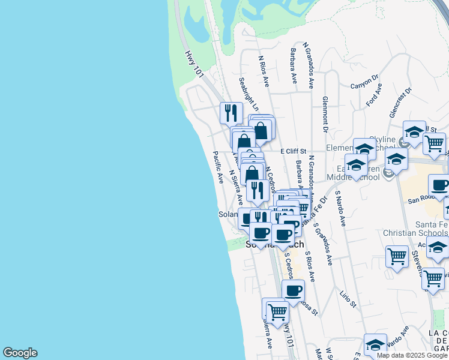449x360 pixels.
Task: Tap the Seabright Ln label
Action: tap(248, 94)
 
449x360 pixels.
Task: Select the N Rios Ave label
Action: tap(264, 71)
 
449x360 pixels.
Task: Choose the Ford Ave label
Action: tap(374, 95)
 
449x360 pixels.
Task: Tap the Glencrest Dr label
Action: tap(400, 102)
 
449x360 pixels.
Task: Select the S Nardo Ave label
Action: tap(340, 208)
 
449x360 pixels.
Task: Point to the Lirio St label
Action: tap(348, 296)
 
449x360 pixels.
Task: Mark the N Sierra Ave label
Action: tap(235, 188)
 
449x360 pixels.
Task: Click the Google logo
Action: tap(20, 353)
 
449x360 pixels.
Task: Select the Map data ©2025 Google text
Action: tap(411, 355)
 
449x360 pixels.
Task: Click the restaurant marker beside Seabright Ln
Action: tap(231, 112)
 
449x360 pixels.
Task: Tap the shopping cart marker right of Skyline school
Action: tap(434, 143)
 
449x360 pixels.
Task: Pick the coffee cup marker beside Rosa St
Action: tap(293, 291)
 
